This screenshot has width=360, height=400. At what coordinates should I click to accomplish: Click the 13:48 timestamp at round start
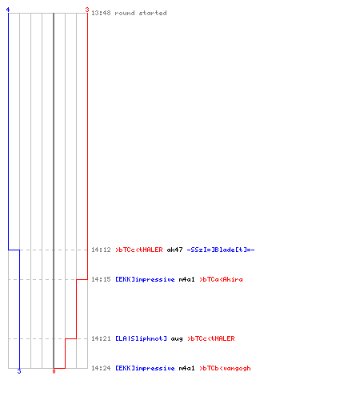click(x=101, y=13)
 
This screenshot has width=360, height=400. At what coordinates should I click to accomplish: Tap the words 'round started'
click(x=141, y=13)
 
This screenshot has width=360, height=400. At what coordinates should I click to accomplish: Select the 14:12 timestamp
click(x=101, y=250)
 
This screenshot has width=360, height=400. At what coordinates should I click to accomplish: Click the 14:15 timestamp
click(x=101, y=279)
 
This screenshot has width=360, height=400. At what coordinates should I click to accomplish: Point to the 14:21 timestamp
click(x=101, y=338)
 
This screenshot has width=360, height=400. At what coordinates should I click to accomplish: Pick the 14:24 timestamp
click(x=101, y=368)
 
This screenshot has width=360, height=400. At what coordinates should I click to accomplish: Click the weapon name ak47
click(x=174, y=250)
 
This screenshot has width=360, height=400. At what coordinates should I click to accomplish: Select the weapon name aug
click(x=177, y=339)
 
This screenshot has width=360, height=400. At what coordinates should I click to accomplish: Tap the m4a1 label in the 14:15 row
click(x=186, y=279)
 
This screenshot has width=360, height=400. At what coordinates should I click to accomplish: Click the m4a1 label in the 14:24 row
click(x=186, y=368)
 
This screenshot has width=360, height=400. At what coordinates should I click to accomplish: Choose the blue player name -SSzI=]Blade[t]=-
click(x=221, y=250)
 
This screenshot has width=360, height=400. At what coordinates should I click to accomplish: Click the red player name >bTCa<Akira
click(x=221, y=279)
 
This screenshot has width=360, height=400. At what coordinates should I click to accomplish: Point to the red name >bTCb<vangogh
click(x=225, y=368)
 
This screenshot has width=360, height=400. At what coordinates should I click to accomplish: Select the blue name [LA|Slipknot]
click(x=141, y=338)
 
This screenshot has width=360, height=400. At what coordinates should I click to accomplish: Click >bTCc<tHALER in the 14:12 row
click(x=139, y=250)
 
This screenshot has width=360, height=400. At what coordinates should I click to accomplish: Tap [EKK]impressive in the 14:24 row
click(x=145, y=368)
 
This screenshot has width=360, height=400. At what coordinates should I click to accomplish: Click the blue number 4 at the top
click(x=8, y=10)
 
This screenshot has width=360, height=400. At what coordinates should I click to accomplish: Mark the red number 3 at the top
click(x=87, y=10)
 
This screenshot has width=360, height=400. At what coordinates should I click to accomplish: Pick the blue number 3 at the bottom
click(x=19, y=371)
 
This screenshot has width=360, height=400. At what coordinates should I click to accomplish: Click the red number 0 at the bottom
click(x=54, y=371)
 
